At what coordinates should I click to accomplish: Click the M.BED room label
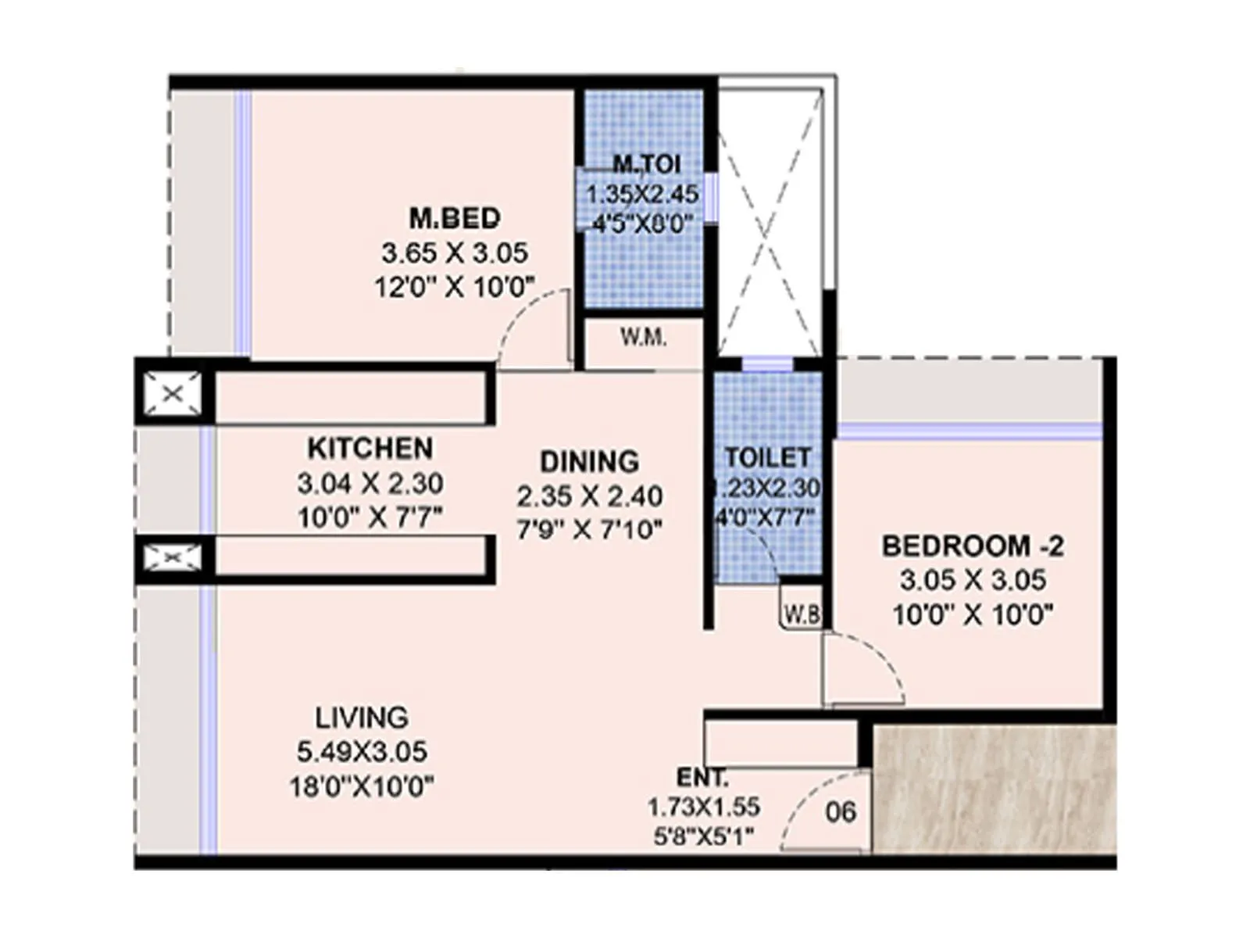pos(455,218)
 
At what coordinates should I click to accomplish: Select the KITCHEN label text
pos(370,449)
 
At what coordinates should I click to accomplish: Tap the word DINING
pos(589,461)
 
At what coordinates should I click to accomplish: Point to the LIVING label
pos(362,717)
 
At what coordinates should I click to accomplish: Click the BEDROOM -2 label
pos(973,546)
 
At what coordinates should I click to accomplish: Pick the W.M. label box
pos(644,338)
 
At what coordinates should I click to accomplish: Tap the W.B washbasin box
pos(802,614)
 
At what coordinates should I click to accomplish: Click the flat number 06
pos(841,812)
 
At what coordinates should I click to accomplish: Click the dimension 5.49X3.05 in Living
pos(362,752)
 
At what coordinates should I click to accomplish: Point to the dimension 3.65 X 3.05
pos(455,253)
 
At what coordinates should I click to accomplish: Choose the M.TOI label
pos(646,164)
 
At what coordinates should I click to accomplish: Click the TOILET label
pos(767,457)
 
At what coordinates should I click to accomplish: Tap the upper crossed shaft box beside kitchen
pos(173,393)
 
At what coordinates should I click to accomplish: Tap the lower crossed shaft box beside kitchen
pos(173,557)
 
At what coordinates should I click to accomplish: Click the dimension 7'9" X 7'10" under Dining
pos(589,530)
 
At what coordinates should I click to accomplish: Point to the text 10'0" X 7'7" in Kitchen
pos(370,517)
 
